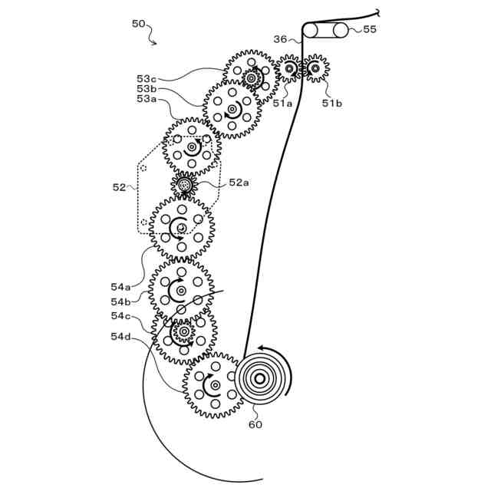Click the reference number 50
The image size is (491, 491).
point(138,24)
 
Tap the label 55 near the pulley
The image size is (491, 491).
point(370,29)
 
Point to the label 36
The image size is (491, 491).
point(280,39)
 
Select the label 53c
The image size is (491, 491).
point(147,78)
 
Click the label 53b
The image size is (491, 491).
point(147,88)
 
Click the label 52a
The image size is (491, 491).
point(239,183)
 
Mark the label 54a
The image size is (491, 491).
point(120,287)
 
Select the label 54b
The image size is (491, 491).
point(120,302)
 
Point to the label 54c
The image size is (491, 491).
point(120,316)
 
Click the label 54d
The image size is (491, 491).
point(120,336)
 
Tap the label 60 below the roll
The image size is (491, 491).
point(255,424)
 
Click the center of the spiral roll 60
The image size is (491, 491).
point(260,378)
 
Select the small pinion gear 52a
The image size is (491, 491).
point(184,185)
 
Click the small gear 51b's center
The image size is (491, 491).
point(315,69)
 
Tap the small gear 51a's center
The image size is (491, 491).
point(289,69)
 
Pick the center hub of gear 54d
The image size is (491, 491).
point(215,384)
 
